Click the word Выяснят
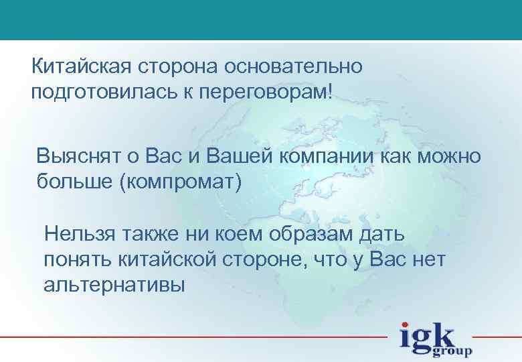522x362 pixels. pos(78,157)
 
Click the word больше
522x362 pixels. pos(74,182)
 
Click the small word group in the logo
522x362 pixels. pos(453,351)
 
